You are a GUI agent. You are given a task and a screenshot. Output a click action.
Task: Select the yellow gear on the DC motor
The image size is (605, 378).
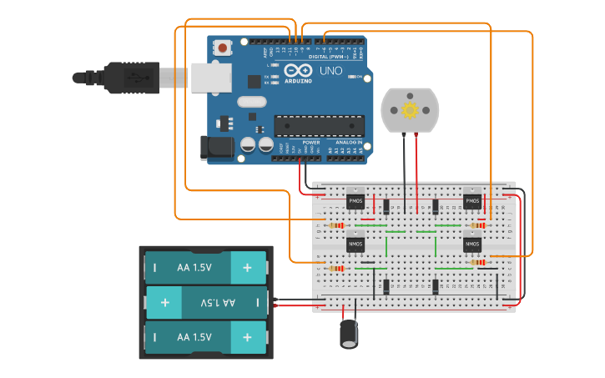[409, 110]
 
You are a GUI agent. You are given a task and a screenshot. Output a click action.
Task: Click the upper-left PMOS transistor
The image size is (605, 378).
[355, 201]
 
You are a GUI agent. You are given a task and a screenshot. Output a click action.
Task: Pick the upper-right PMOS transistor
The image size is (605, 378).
[472, 201]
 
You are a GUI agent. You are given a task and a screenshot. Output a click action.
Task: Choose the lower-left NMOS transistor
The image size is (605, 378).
[355, 244]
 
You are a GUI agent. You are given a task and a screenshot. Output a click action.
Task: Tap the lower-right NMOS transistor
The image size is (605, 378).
[472, 244]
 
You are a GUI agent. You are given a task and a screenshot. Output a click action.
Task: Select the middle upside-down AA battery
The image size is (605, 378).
[206, 302]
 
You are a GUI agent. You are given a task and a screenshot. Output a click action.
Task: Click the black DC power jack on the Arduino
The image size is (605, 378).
[215, 149]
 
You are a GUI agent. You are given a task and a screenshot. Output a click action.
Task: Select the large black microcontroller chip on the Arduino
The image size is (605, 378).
[320, 126]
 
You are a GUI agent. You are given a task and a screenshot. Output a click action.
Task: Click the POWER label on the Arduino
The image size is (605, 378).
[311, 143]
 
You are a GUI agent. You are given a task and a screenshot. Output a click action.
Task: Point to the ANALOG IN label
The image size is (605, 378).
[350, 143]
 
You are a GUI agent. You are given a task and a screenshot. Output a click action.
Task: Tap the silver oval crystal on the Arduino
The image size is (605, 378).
[250, 103]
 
